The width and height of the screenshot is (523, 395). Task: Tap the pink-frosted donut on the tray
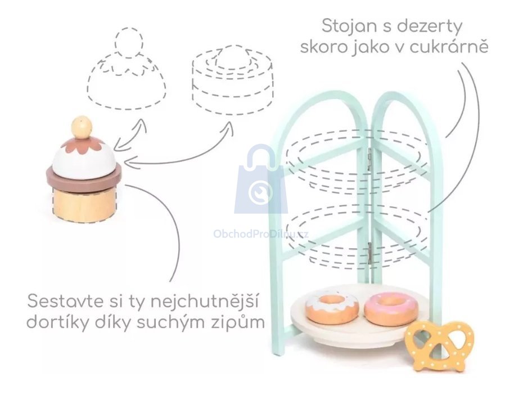point(391,308)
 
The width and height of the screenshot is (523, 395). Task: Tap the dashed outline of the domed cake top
point(127,79)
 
